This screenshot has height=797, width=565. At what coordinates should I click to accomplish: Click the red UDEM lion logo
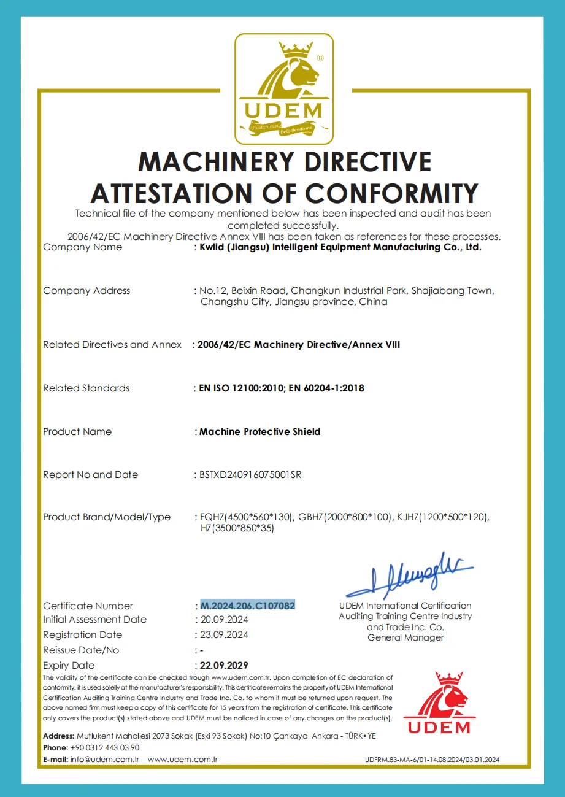click(439, 703)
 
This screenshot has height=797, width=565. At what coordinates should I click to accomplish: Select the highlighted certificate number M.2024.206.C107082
click(248, 606)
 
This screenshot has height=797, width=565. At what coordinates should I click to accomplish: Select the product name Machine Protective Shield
click(259, 431)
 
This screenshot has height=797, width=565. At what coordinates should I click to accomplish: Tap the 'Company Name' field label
click(82, 247)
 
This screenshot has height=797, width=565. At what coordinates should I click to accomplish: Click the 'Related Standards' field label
click(86, 388)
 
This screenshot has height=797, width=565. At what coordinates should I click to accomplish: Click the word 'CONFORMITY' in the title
click(392, 193)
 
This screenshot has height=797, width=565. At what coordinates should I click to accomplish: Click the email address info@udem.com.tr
click(105, 759)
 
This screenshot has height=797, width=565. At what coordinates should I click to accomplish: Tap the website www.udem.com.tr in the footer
click(183, 759)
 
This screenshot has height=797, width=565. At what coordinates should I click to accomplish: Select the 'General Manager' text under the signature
click(405, 637)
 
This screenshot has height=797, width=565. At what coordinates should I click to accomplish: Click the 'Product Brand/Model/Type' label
click(107, 517)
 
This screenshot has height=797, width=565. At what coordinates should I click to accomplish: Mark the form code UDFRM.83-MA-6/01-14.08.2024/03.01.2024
click(432, 760)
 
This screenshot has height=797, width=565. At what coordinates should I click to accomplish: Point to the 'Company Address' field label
click(86, 290)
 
